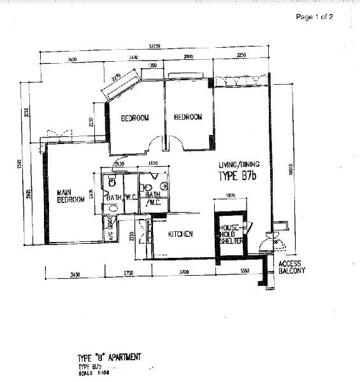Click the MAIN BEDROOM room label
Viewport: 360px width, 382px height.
pos(71,196)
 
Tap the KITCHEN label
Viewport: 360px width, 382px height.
pos(180,234)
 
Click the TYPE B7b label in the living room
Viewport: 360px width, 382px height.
pos(237,176)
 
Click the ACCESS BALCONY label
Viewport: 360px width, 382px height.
pos(292,267)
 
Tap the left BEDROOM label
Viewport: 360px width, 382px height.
pos(135,118)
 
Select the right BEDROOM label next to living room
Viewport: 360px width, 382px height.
pos(188,117)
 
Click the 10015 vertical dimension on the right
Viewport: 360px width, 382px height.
pos(289,167)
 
